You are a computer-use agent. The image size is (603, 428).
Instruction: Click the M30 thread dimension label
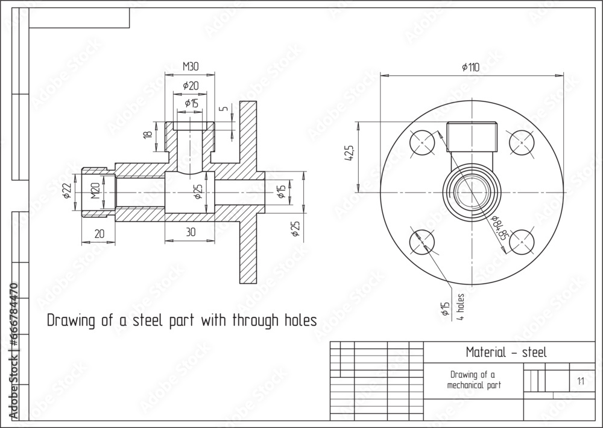[x=191, y=66]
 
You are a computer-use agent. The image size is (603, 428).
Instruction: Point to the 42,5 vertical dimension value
[x=348, y=155]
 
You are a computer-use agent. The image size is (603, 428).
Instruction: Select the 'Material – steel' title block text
[x=507, y=353]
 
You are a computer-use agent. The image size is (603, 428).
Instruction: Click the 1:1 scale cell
[x=580, y=381]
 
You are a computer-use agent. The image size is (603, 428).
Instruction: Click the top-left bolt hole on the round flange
[x=423, y=142]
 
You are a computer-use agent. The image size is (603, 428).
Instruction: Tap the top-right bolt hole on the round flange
[x=522, y=142]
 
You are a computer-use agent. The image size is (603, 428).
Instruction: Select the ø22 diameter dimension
[x=66, y=191]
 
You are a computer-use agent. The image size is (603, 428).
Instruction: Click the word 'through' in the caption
[x=241, y=320]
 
